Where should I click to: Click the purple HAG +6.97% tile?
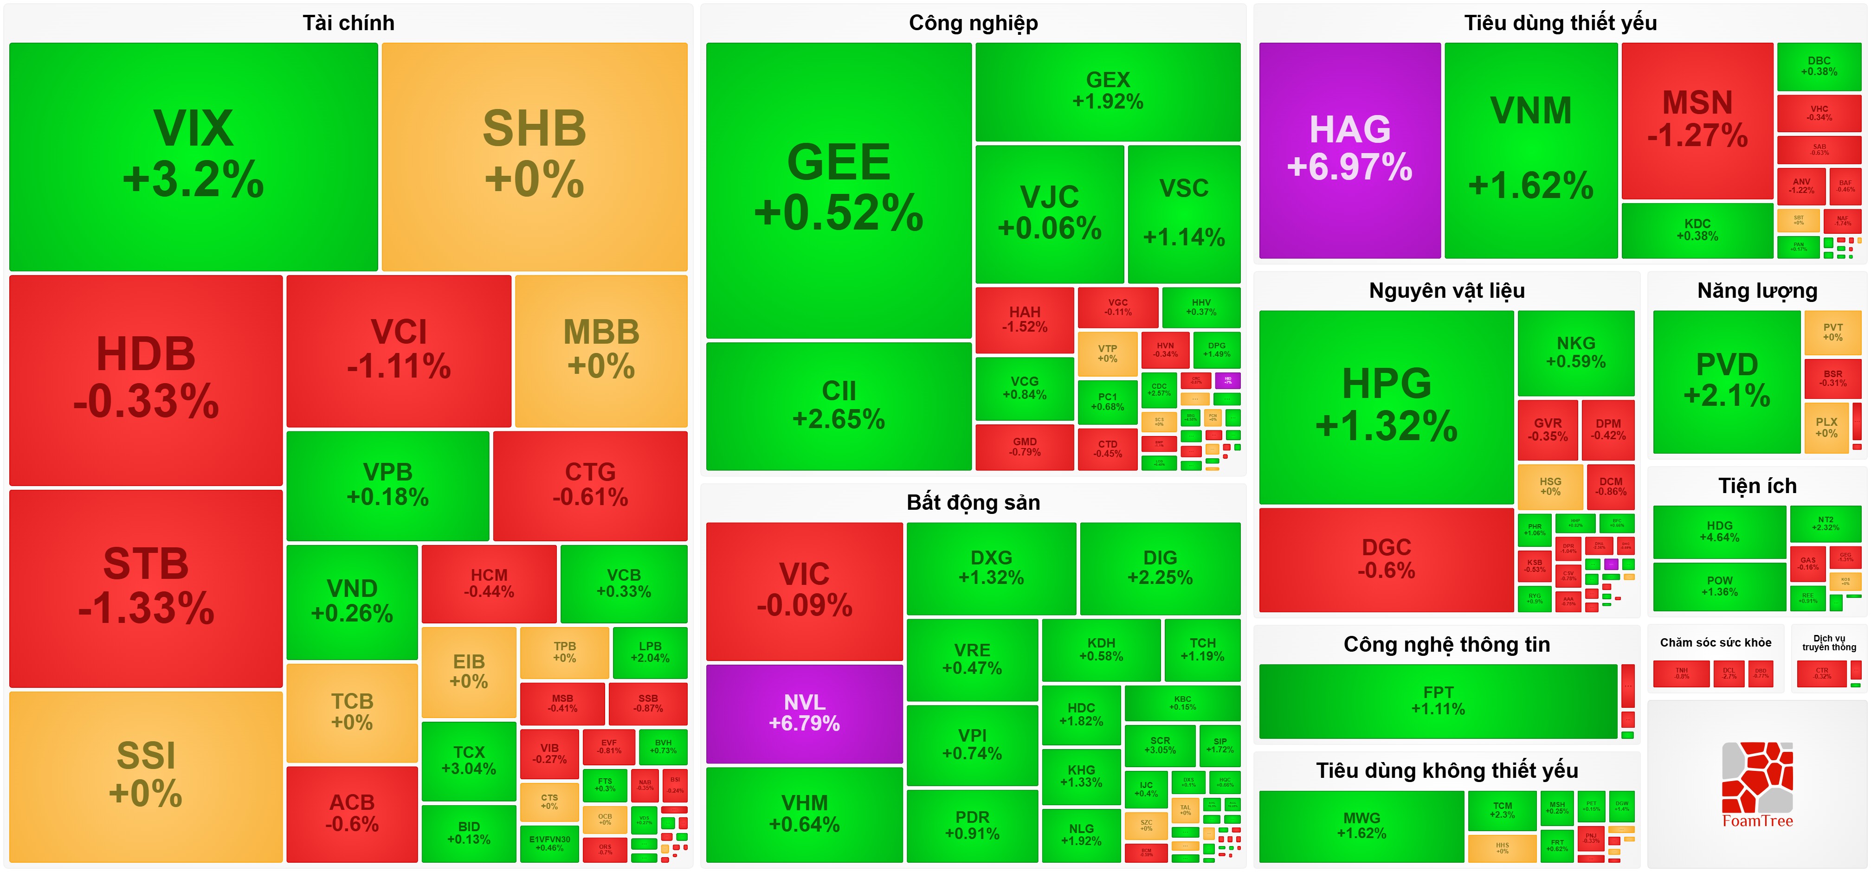(1349, 149)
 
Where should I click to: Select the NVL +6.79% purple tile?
(804, 713)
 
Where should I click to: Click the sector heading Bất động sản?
(973, 502)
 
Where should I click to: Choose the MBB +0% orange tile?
(600, 350)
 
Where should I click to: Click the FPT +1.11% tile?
(1438, 701)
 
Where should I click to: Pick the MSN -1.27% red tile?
(1697, 120)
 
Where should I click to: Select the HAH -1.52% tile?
(1024, 320)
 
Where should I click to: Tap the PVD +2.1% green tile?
(1727, 380)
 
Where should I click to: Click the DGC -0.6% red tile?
(1386, 558)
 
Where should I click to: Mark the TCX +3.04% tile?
(469, 760)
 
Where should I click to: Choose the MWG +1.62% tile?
(1361, 826)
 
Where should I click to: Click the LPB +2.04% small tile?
(649, 652)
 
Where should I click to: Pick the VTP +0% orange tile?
(1107, 353)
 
